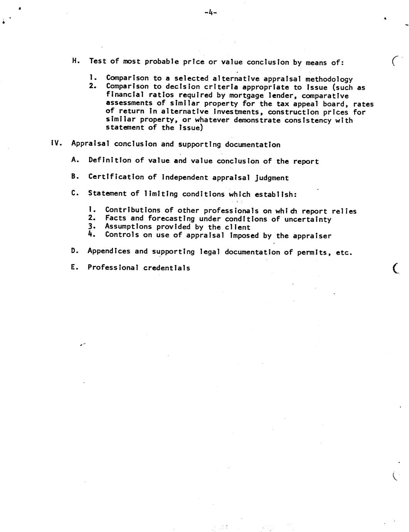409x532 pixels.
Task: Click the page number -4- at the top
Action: pos(211,13)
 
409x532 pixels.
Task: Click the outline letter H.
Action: pos(76,61)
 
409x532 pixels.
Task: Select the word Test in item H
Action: pos(98,61)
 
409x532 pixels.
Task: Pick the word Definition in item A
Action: pos(110,160)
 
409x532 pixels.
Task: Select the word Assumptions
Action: pos(128,227)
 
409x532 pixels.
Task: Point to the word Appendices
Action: pos(109,251)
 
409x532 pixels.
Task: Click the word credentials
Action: pos(167,268)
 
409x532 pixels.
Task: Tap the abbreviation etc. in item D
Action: pos(344,253)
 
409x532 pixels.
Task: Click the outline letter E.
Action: pos(74,267)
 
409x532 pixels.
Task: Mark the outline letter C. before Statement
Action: pos(74,193)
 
